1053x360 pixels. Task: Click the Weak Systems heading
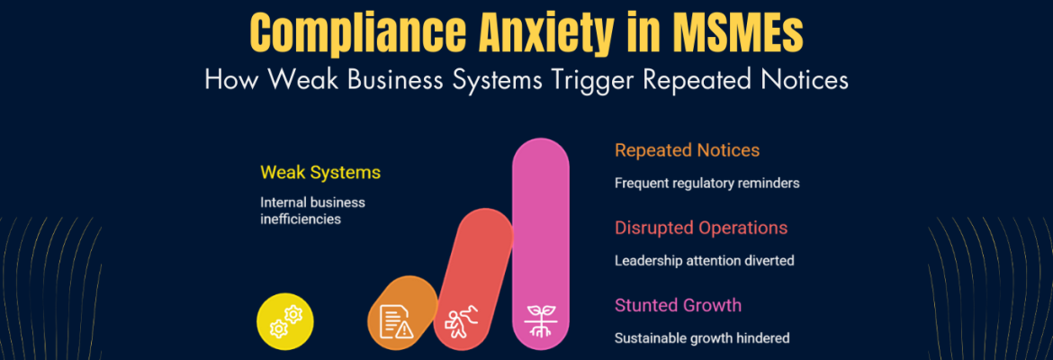pos(319,172)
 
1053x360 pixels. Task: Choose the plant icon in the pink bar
pos(540,320)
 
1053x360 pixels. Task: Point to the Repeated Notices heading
pos(687,150)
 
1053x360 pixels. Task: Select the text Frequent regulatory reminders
pos(706,183)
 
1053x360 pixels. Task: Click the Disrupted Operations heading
pos(701,228)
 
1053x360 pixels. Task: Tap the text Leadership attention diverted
pos(704,261)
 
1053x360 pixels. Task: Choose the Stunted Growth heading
pos(678,305)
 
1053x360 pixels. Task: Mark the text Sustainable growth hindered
pos(702,338)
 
